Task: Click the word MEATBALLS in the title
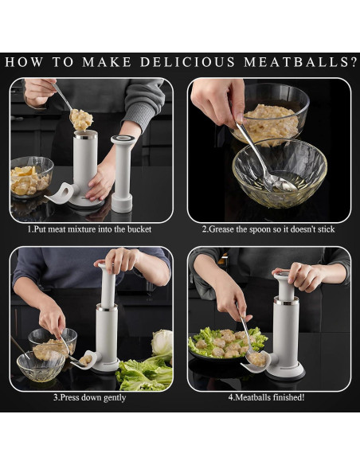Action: tap(300, 62)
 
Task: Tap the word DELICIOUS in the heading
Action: tap(187, 62)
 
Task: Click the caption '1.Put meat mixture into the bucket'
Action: tap(89, 229)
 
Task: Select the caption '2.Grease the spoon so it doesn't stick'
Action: tap(268, 229)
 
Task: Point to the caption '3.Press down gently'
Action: tap(89, 397)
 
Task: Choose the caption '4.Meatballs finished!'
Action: tap(266, 397)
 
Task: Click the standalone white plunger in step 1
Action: tap(123, 174)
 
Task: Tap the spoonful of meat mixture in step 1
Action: tap(81, 119)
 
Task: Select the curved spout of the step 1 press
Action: tap(64, 193)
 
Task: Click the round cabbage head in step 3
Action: tap(162, 343)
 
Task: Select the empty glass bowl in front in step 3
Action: tap(41, 366)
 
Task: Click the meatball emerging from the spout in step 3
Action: tap(85, 360)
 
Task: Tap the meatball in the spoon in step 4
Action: tap(256, 358)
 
